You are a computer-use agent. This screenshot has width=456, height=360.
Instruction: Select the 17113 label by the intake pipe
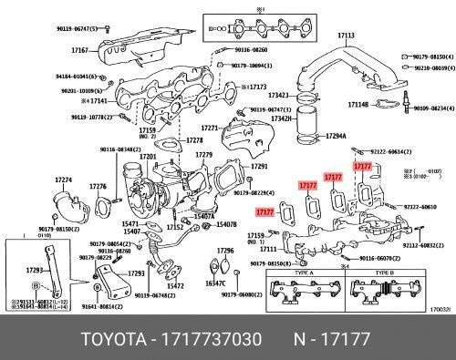pyautogui.click(x=346, y=35)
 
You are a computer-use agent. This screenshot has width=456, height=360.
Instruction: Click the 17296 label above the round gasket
pyautogui.click(x=224, y=250)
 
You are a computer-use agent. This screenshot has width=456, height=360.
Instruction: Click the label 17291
pyautogui.click(x=260, y=167)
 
